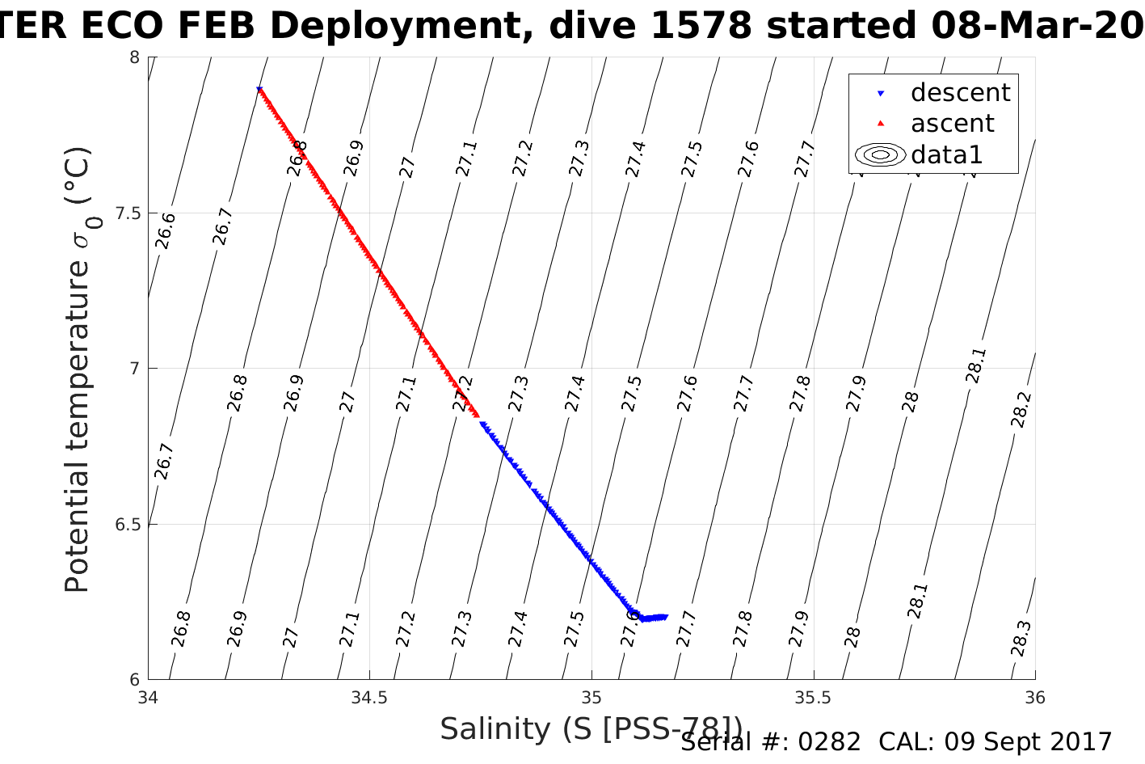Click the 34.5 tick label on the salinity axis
[369, 697]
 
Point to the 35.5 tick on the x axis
[813, 697]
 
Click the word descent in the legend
[960, 93]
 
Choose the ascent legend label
[952, 124]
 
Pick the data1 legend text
[946, 154]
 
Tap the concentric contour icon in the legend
[881, 154]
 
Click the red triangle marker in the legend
[881, 124]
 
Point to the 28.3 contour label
[1021, 639]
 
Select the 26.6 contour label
[166, 231]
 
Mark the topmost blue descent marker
[259, 89]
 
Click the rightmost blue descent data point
[665, 617]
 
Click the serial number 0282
[829, 742]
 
